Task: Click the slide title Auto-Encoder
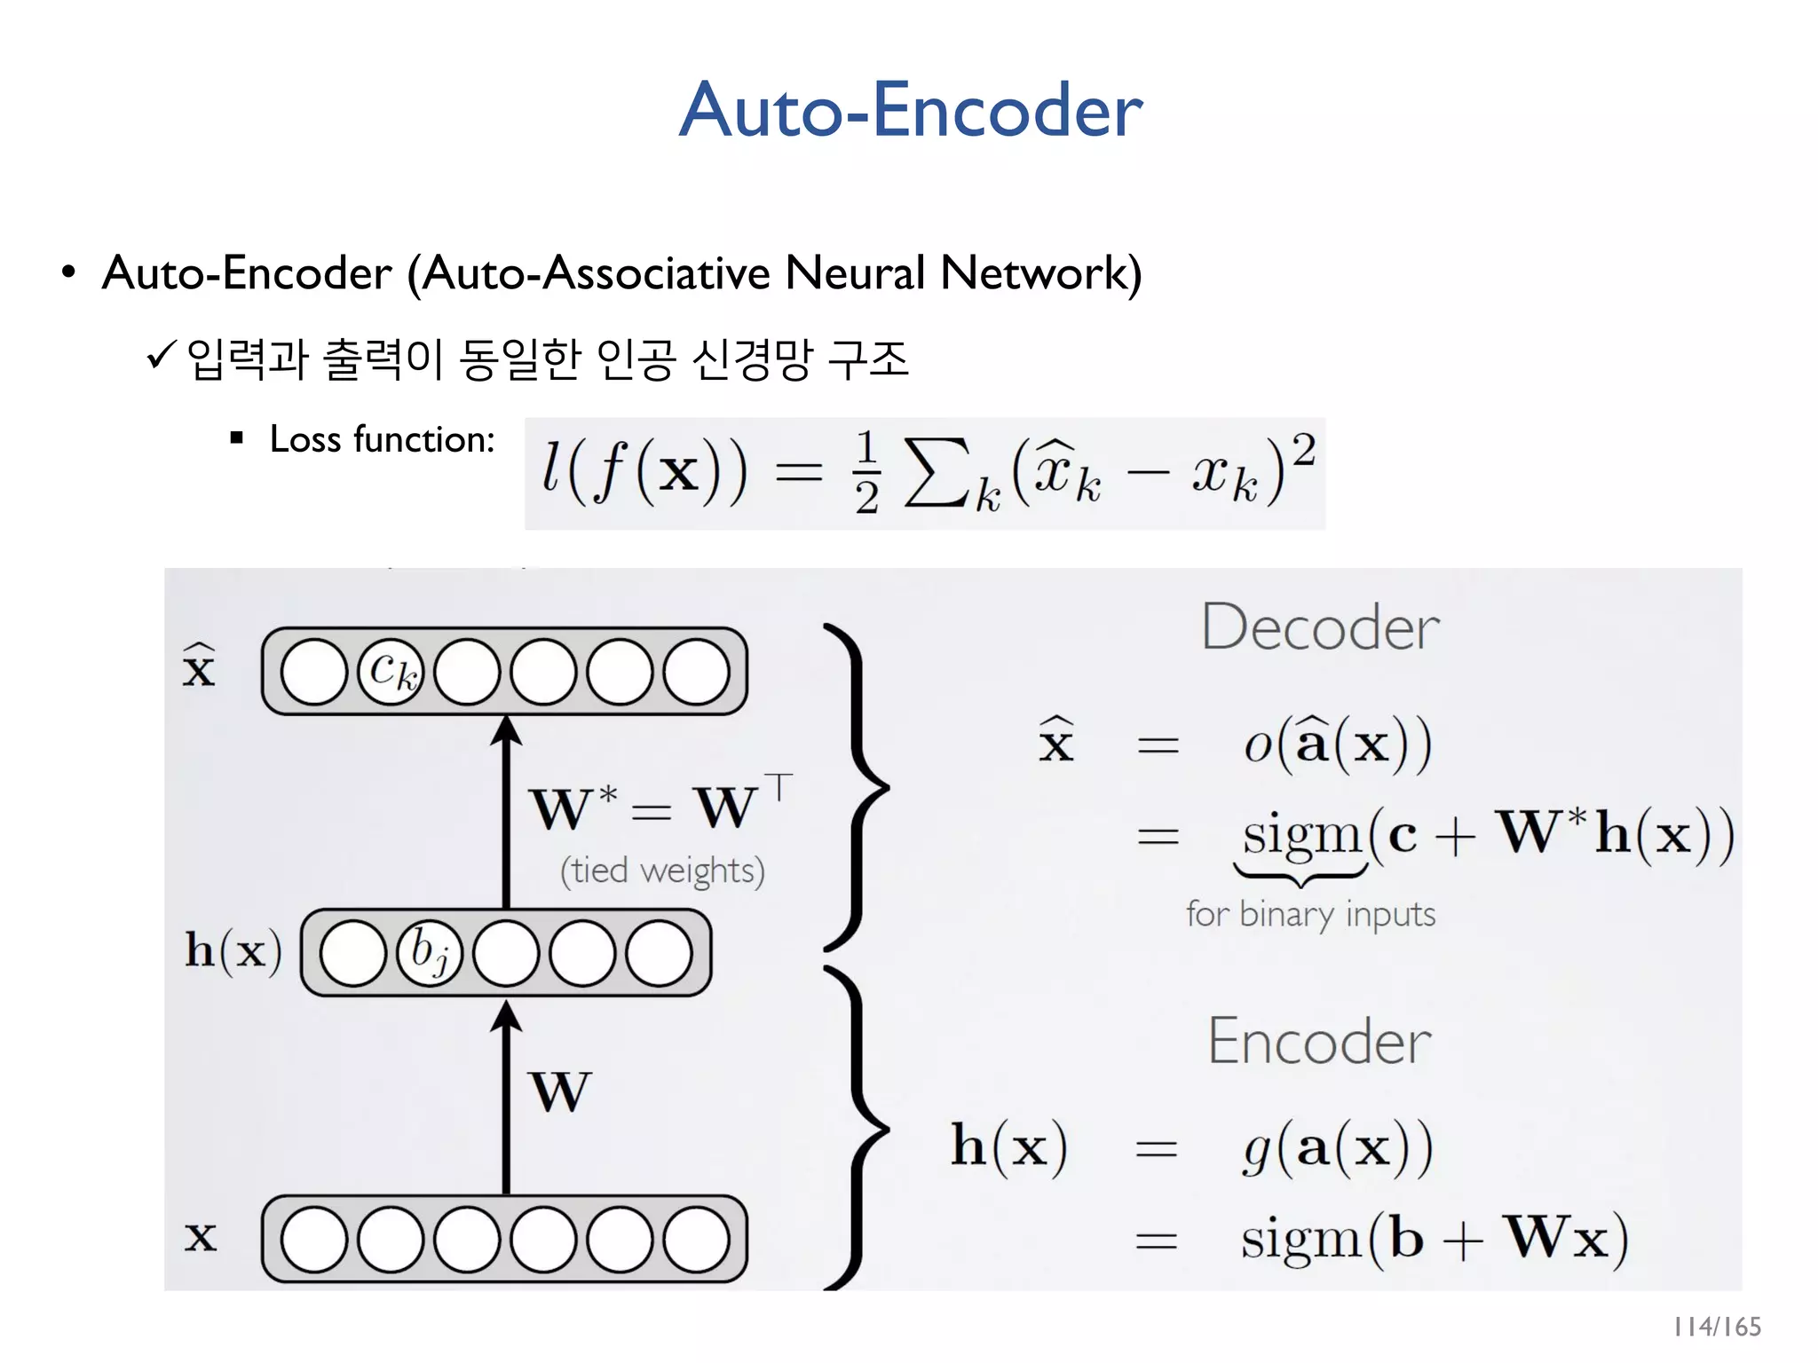coord(910,110)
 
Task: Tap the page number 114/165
coord(1717,1327)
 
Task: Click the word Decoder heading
coord(1320,627)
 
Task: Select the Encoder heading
coord(1319,1041)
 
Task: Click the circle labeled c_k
coord(391,672)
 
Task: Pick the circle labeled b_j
coord(430,953)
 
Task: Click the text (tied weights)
coord(662,871)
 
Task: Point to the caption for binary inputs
coord(1310,914)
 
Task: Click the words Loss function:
coord(382,439)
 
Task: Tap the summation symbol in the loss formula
coord(936,474)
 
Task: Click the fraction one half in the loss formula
coord(866,473)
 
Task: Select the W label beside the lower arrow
coord(559,1091)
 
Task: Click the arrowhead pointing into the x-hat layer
coord(506,729)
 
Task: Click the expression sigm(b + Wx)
coord(1434,1238)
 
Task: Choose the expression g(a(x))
coord(1337,1148)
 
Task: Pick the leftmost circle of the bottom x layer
coord(313,1239)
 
